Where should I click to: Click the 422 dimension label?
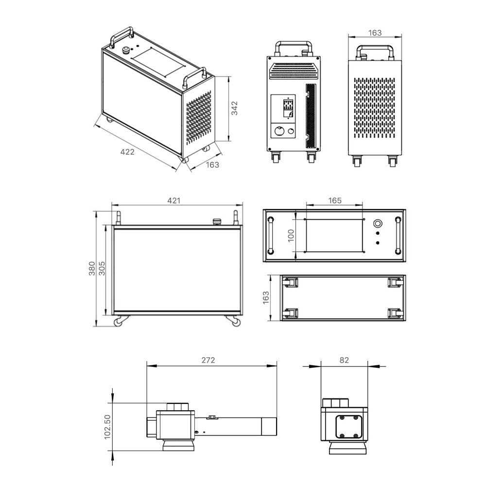point(127,152)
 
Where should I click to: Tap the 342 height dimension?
point(235,108)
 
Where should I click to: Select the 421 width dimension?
point(174,201)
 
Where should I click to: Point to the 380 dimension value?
point(92,269)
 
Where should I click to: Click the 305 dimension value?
point(102,269)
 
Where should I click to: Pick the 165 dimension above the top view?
point(335,201)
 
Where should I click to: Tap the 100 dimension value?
point(291,236)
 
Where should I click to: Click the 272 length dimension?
point(208,360)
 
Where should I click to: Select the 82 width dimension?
point(344,360)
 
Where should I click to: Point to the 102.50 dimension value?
point(107,427)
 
